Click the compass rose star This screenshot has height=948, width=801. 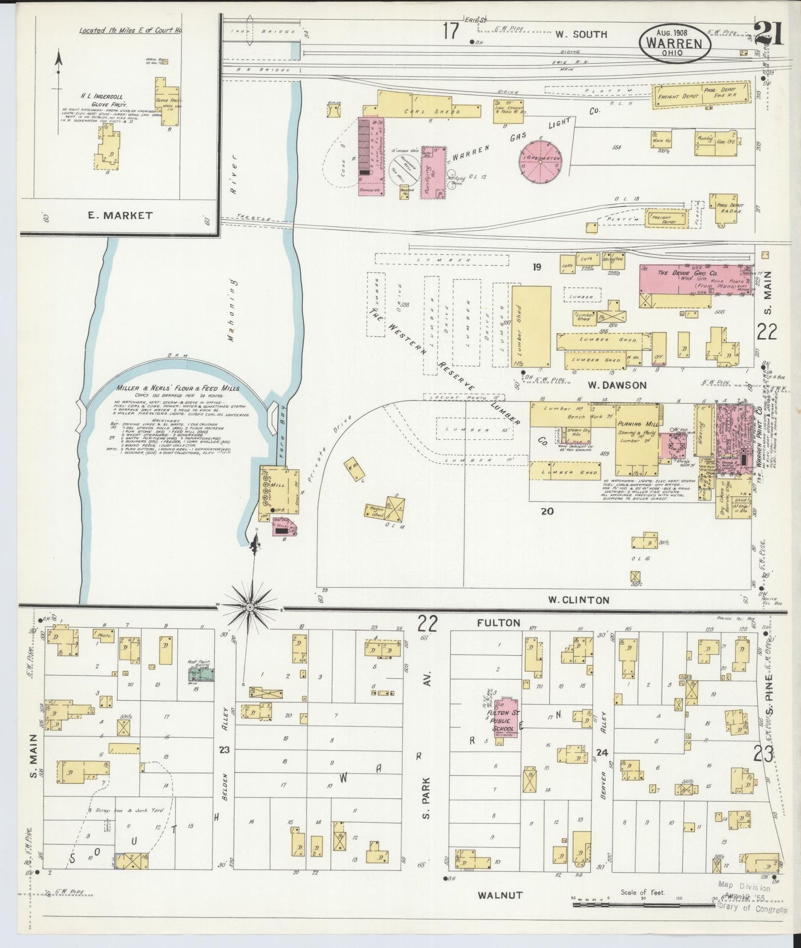click(x=251, y=608)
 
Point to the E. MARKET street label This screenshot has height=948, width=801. click(x=120, y=216)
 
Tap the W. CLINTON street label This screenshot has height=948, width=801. click(x=578, y=599)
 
